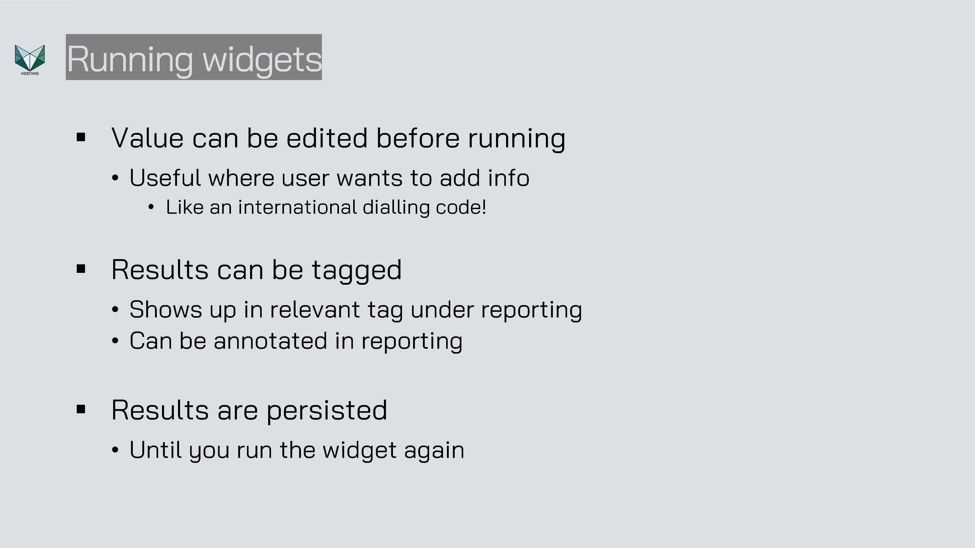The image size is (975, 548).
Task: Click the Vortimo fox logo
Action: [29, 60]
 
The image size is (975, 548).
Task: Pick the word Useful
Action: [165, 178]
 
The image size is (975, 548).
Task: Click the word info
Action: [508, 178]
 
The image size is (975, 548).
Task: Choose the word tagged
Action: [357, 271]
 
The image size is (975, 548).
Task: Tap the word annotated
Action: [270, 341]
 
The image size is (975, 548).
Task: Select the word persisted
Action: [327, 411]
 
